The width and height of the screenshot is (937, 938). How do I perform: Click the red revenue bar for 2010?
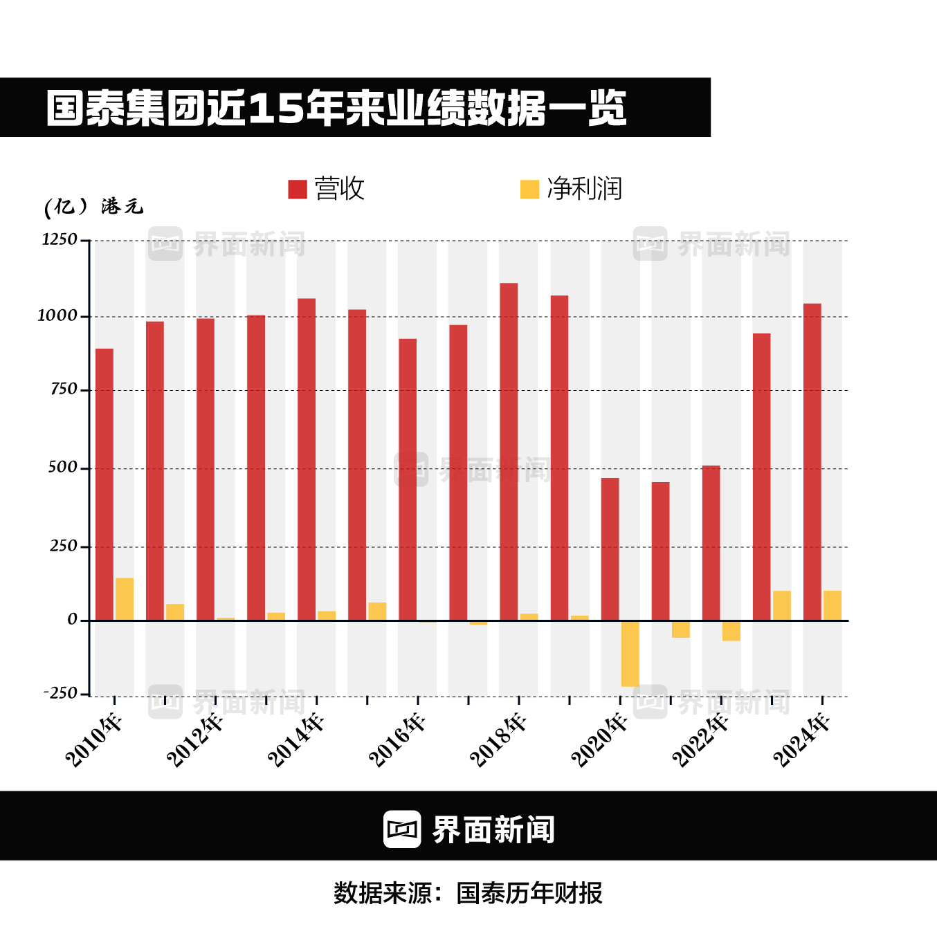[104, 484]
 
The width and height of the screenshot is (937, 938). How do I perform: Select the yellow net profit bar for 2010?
[125, 599]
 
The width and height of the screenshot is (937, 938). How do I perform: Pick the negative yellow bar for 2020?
[630, 654]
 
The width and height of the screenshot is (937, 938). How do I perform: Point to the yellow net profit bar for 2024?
[833, 605]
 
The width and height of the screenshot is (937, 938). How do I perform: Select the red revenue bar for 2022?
[711, 543]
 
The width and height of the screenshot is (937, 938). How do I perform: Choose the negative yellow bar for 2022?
[731, 631]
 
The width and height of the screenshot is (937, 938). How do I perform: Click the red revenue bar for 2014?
[307, 459]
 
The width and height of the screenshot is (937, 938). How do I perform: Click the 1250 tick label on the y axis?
[60, 240]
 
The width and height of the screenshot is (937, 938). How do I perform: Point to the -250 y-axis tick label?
[60, 693]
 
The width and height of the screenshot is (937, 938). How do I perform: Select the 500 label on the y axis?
[63, 468]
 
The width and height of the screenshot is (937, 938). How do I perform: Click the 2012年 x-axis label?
[195, 741]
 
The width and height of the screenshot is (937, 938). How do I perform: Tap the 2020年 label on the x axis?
[599, 741]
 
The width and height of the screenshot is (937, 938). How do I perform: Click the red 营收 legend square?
[298, 190]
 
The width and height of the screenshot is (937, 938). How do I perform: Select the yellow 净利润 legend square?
[529, 190]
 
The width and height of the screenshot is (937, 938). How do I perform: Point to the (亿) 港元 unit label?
[93, 207]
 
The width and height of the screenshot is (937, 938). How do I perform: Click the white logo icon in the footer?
[402, 829]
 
